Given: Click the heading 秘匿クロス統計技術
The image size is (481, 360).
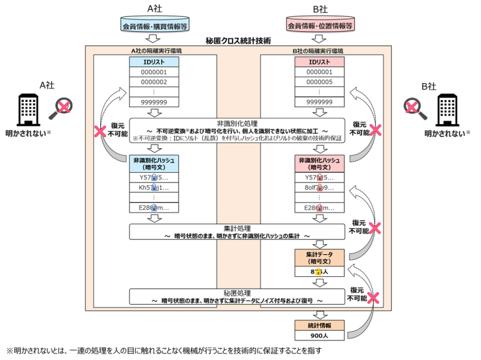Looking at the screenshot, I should pos(238,40).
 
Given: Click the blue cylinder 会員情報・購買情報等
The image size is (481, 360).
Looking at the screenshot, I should pos(154,27).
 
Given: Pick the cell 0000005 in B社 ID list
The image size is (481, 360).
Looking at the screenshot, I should pos(318,83).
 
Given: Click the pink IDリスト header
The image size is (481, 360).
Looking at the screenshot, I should pos(318,62).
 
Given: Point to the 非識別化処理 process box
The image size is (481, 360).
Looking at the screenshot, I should pos(238,130).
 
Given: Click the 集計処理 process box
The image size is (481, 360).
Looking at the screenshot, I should pos(238,233).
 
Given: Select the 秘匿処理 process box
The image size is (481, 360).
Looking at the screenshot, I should pos(238,297).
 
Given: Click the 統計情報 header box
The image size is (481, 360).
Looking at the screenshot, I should pos(318,325).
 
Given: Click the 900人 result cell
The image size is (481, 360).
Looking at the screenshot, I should pos(318,336).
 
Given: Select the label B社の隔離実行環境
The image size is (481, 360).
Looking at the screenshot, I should pos(318,50).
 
